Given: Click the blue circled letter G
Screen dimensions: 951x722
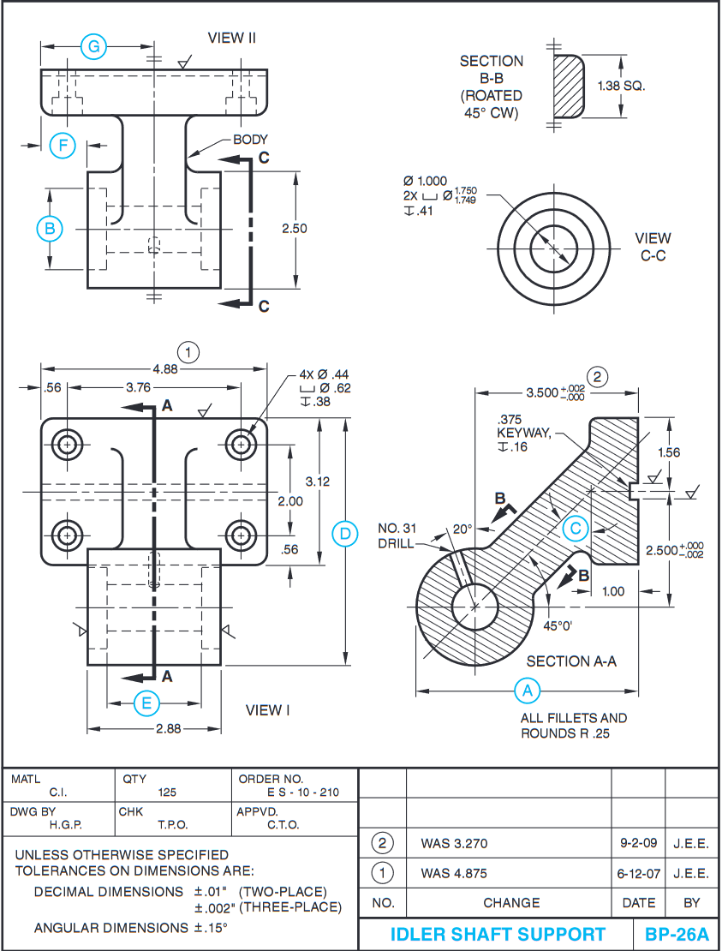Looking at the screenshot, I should tap(93, 47).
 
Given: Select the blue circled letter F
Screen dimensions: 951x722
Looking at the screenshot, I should tap(62, 146).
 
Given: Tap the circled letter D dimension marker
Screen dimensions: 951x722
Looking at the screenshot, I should tap(344, 534).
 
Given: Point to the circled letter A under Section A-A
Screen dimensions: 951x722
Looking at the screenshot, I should tap(527, 691).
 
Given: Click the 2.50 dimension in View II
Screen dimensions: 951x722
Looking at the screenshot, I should tap(294, 229).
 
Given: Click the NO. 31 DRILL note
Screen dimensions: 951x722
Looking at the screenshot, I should tap(397, 535).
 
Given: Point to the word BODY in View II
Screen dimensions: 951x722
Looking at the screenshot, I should tap(250, 140).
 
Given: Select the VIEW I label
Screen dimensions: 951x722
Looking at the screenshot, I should tap(268, 710).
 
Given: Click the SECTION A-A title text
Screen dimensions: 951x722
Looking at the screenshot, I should tap(571, 661).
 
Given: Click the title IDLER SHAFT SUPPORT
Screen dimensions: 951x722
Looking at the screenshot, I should tap(498, 935).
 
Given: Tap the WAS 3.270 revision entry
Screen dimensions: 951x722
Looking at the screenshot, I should tap(454, 844).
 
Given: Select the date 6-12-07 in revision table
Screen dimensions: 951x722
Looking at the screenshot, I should tap(638, 874).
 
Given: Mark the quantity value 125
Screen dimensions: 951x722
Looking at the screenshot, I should tap(167, 792).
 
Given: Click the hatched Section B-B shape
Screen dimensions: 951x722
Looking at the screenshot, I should tap(568, 87).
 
